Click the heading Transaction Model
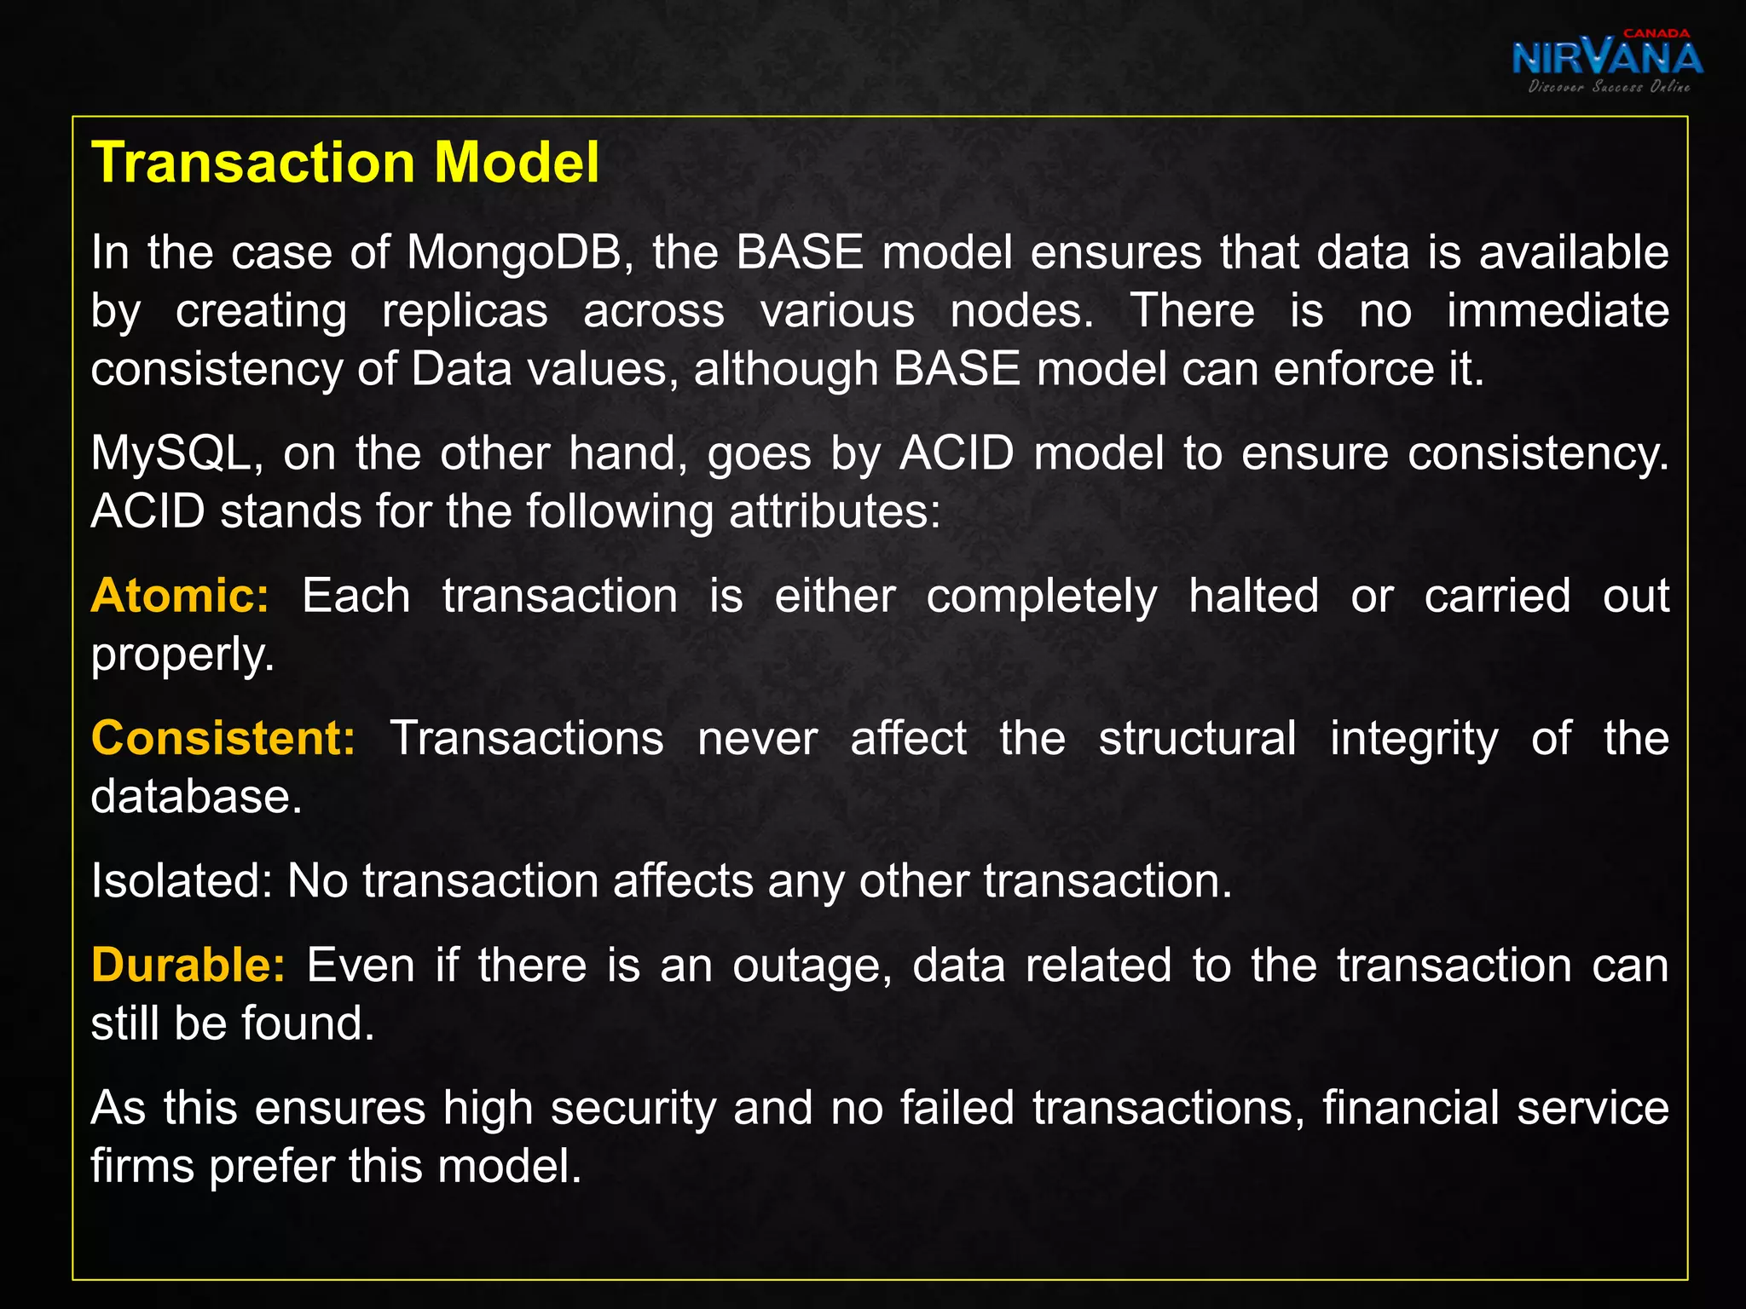click(345, 162)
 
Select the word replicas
click(465, 311)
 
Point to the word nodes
click(1021, 311)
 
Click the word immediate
click(1558, 311)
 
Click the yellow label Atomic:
click(180, 596)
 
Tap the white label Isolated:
click(182, 880)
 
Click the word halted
click(1253, 596)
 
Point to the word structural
click(1197, 738)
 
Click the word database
click(196, 796)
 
